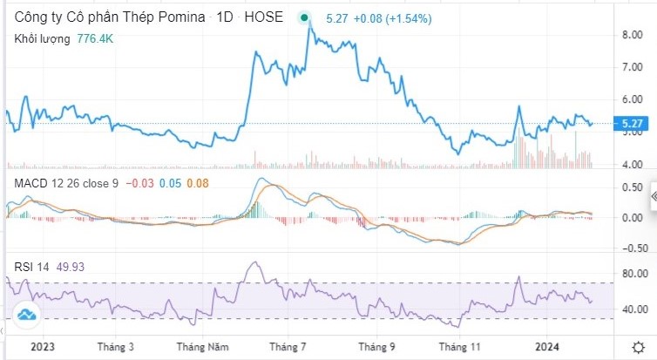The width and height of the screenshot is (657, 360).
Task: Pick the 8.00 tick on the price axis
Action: (632, 35)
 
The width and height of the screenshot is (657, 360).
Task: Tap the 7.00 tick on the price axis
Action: (632, 67)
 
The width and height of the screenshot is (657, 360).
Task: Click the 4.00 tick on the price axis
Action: (632, 164)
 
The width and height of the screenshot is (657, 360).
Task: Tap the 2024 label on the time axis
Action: (546, 346)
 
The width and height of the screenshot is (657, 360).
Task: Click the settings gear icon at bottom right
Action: (638, 346)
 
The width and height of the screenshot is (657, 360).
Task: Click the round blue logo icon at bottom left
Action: (26, 315)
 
